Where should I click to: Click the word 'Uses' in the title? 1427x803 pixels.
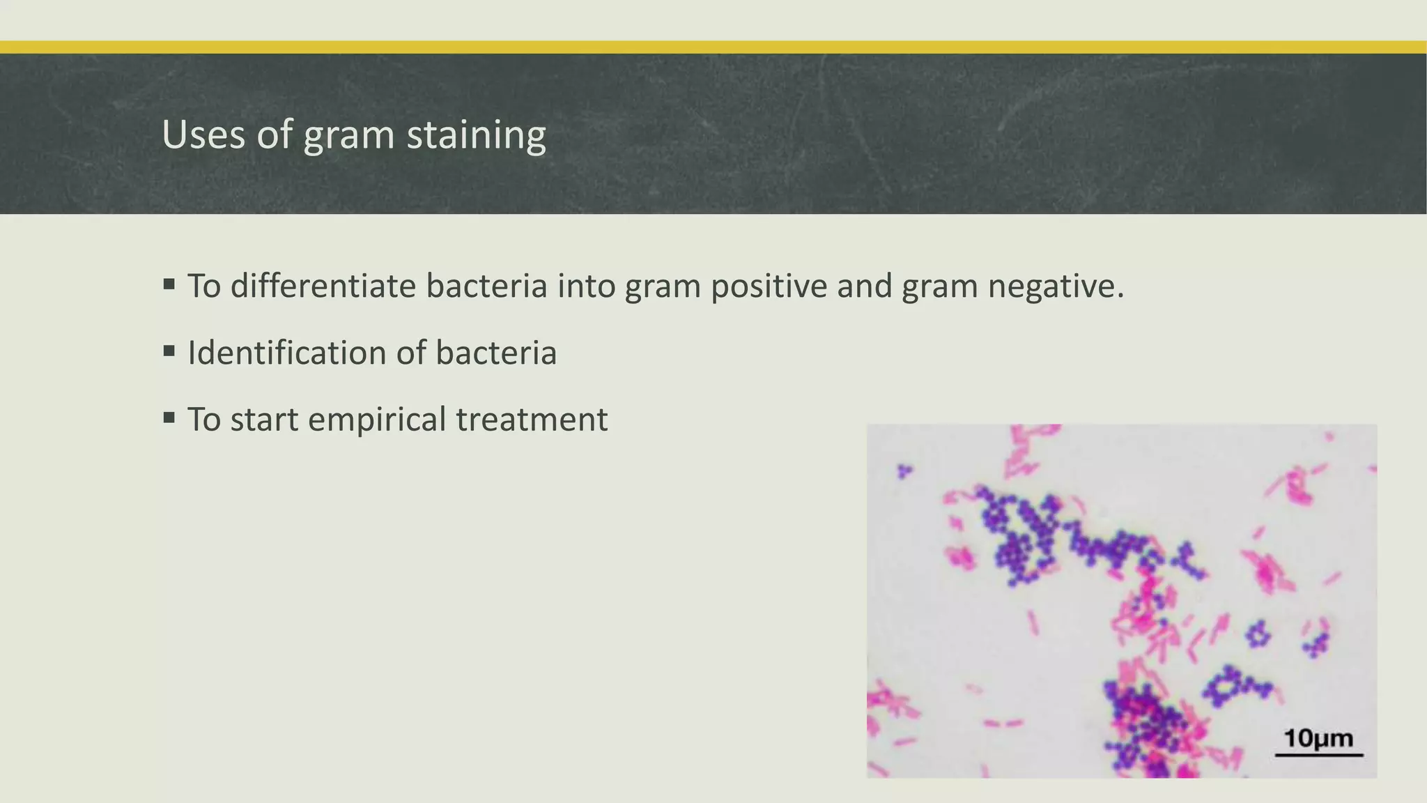203,135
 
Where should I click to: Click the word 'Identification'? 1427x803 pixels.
286,353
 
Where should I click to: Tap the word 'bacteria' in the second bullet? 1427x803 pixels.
496,353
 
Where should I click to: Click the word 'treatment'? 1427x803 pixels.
532,420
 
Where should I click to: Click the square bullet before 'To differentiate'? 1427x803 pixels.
169,284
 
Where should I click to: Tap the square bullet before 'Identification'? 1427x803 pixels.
169,351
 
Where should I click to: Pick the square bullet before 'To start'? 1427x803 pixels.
169,418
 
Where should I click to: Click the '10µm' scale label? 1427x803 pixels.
1318,737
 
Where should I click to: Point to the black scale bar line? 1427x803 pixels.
1319,755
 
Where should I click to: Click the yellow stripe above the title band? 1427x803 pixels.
713,47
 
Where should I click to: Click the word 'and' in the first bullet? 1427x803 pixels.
864,286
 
